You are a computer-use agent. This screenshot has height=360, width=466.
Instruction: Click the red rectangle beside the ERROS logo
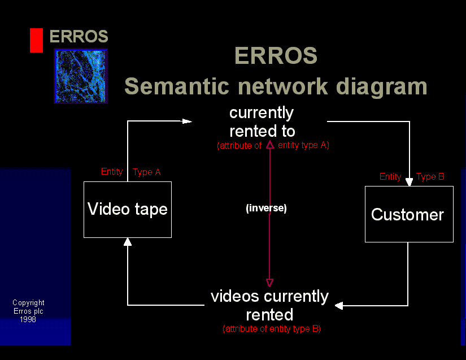point(36,41)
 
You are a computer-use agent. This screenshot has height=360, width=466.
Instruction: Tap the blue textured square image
point(81,76)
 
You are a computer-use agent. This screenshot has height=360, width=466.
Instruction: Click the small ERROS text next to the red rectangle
point(79,36)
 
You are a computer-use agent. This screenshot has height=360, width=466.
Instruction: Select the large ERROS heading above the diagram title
point(276,55)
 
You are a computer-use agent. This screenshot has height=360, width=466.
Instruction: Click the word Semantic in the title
point(177,86)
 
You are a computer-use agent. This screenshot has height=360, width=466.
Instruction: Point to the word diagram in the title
point(382,87)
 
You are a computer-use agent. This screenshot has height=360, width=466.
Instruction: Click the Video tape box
point(128,210)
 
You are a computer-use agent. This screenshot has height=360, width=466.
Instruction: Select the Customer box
point(409,214)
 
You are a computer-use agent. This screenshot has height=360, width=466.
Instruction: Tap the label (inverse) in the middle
point(266,208)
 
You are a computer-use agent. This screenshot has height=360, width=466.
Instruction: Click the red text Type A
point(146,172)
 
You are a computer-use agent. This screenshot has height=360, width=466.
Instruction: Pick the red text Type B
point(430,176)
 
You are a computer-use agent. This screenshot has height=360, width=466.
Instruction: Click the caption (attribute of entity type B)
point(272,329)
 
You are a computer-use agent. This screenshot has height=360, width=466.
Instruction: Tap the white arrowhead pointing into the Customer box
point(410,181)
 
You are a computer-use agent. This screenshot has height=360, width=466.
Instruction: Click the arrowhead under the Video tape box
point(128,242)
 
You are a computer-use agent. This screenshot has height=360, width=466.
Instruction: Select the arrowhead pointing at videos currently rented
point(339,306)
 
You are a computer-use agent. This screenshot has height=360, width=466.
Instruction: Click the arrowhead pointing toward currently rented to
point(187,122)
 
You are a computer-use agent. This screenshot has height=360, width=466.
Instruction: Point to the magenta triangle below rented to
point(270,145)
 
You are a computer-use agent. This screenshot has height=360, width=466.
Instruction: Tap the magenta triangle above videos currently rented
point(269,283)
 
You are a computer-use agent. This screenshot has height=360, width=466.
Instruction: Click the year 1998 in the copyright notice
point(28,319)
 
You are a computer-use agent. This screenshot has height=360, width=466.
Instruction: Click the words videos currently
point(269,297)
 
